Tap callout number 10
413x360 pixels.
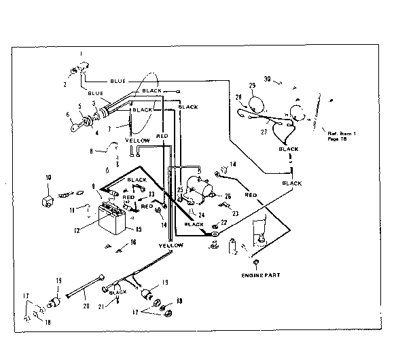tap(48, 178)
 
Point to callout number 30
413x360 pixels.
tap(267, 79)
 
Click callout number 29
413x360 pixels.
tap(252, 85)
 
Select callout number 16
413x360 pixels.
tap(133, 242)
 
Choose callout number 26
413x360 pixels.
tap(228, 196)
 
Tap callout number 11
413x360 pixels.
tap(73, 211)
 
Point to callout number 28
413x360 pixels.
tap(238, 96)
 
